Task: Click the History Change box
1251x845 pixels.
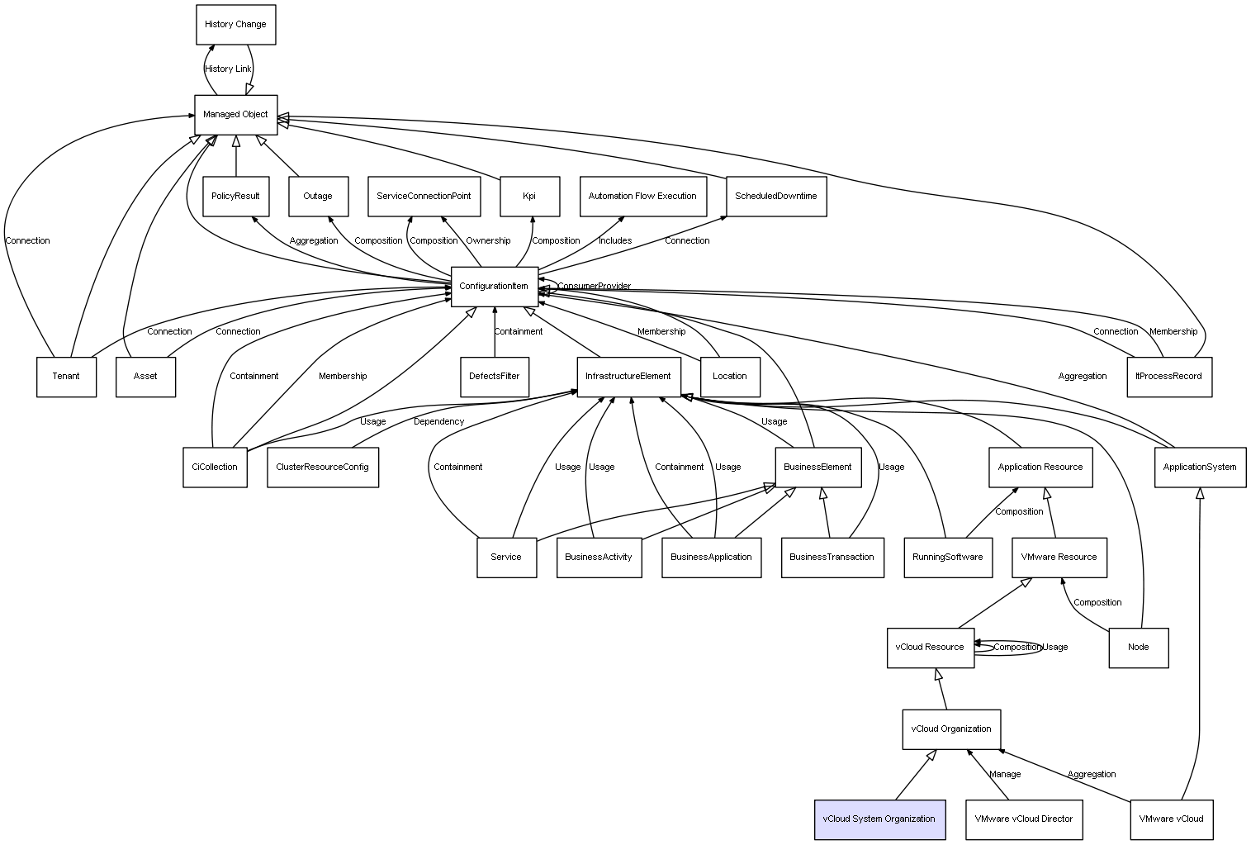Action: [x=235, y=25]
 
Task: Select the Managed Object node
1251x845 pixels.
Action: [x=235, y=114]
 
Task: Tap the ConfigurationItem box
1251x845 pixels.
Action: [x=494, y=287]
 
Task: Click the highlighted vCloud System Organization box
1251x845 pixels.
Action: [x=879, y=819]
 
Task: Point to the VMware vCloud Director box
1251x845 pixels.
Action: [x=1023, y=819]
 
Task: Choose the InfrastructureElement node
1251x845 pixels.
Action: [x=628, y=377]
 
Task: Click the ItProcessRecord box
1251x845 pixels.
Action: [x=1168, y=377]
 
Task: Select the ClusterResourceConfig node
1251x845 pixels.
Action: [x=322, y=468]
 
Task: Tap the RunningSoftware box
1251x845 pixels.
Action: [x=947, y=558]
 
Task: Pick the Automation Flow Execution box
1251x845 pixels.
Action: [x=642, y=197]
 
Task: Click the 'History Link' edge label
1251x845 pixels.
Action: [x=228, y=69]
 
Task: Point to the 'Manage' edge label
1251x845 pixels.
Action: [x=1005, y=775]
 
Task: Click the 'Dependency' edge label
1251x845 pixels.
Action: [x=438, y=422]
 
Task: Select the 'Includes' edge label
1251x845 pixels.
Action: [x=615, y=241]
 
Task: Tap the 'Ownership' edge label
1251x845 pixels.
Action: [x=488, y=241]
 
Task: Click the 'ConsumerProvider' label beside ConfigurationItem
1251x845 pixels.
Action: [x=594, y=287]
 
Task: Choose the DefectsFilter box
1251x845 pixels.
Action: [x=494, y=377]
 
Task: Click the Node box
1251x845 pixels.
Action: [x=1138, y=648]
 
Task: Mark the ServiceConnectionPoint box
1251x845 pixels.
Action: [x=424, y=197]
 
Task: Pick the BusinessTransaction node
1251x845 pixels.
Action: [x=832, y=558]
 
